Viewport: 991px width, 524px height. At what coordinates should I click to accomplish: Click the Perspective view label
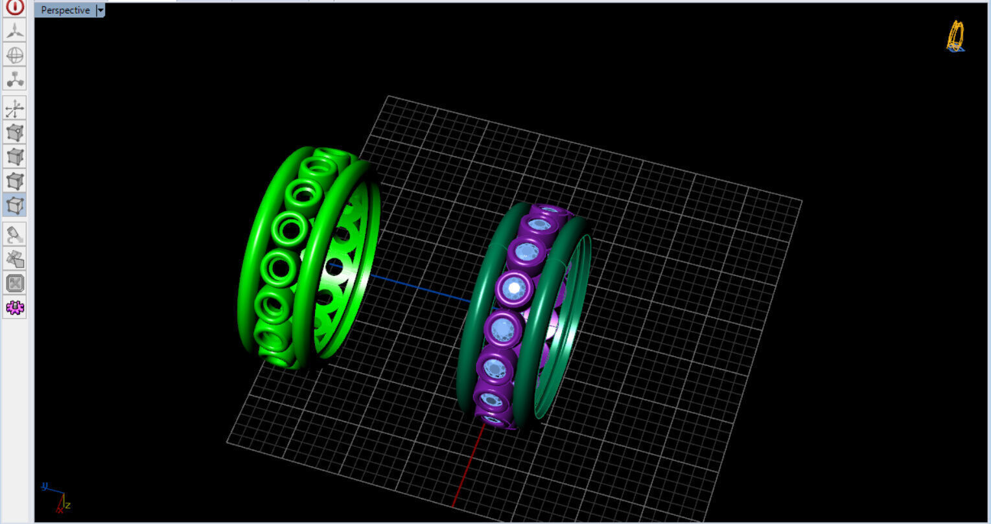tap(65, 10)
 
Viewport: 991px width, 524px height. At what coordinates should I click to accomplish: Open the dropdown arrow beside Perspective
tap(100, 10)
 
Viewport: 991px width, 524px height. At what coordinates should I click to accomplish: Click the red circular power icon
tap(15, 7)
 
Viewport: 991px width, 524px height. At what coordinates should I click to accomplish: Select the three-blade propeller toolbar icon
tap(15, 30)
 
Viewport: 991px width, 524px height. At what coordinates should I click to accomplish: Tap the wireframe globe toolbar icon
tap(15, 55)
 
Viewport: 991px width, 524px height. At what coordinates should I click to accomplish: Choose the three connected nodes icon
tap(15, 79)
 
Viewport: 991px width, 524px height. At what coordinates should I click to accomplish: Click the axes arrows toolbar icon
tap(15, 108)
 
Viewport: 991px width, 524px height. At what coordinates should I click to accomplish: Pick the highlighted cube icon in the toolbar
tap(15, 205)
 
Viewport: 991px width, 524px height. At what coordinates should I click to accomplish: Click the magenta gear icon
tap(15, 308)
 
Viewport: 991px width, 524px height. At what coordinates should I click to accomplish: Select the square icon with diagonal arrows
tap(15, 283)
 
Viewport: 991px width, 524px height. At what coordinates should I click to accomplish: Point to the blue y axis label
tap(45, 485)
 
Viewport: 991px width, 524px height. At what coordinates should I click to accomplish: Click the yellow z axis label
tap(67, 505)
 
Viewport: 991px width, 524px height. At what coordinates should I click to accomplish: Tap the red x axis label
tap(59, 510)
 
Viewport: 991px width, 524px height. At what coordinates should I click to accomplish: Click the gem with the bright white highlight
tap(515, 287)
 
